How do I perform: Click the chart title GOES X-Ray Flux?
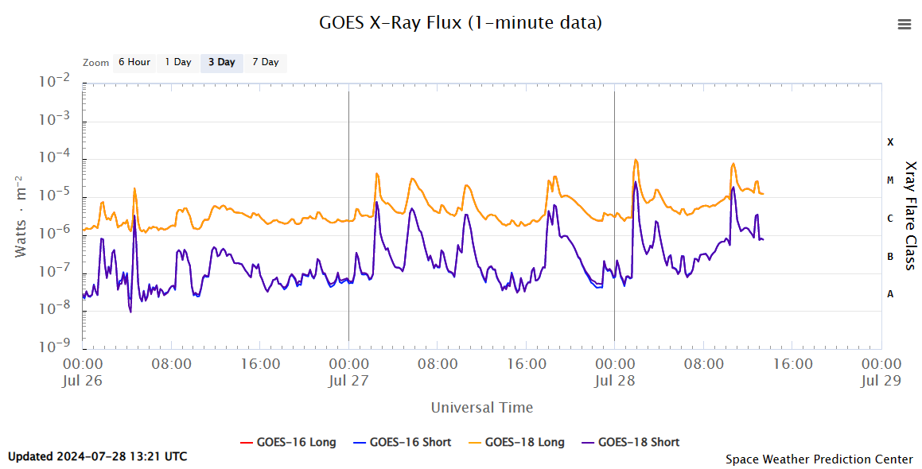(461, 23)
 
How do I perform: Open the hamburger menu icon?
(904, 24)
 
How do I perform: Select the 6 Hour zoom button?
(134, 62)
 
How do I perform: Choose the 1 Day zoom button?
(178, 62)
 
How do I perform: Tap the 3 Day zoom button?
(222, 62)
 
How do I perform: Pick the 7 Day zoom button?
(266, 62)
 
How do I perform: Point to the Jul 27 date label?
(348, 380)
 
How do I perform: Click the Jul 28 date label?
(615, 380)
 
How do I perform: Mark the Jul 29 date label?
(881, 380)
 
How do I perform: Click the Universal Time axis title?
(482, 408)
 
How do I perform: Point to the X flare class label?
(891, 142)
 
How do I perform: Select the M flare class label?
(891, 180)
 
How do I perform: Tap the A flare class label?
(891, 294)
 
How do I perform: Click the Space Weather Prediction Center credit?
(819, 459)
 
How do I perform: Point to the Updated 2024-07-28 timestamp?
(98, 456)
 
